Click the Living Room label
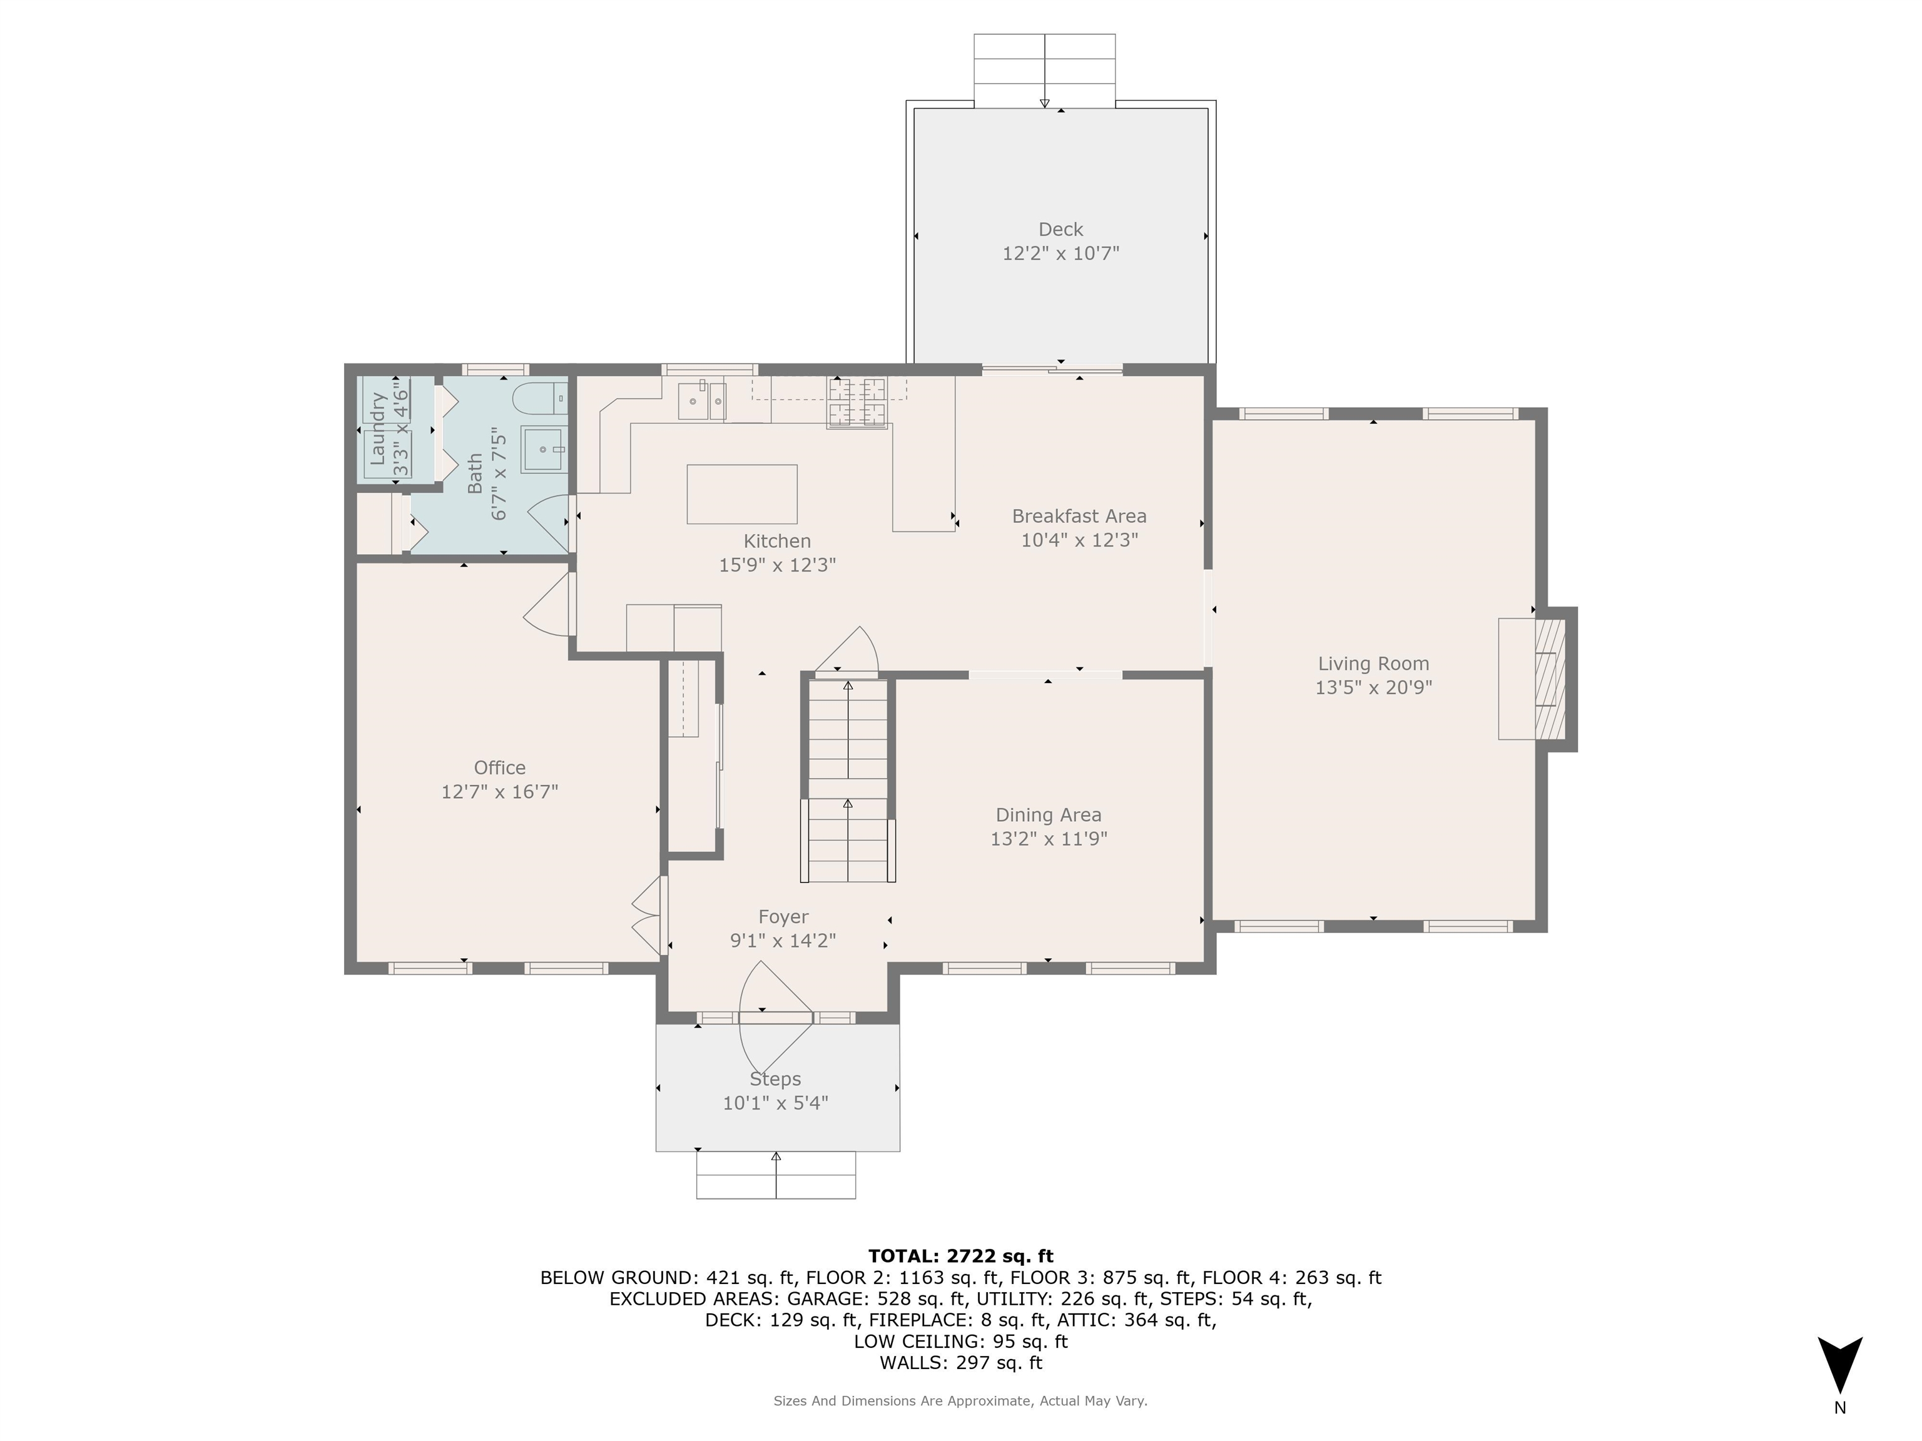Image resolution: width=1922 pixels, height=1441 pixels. [1373, 664]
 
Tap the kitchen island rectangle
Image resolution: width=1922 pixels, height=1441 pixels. [741, 494]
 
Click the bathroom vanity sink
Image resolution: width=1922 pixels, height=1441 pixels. [544, 449]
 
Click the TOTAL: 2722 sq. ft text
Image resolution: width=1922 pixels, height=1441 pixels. [960, 1256]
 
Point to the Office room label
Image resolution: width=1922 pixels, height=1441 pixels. [500, 768]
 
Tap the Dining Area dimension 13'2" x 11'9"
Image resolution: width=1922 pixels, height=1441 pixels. [1048, 839]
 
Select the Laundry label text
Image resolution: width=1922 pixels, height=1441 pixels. [378, 428]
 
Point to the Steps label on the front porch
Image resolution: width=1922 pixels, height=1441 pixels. [775, 1079]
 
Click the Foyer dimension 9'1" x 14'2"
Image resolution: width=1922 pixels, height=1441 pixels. [783, 941]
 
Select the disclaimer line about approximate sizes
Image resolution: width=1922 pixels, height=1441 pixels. [960, 1400]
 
